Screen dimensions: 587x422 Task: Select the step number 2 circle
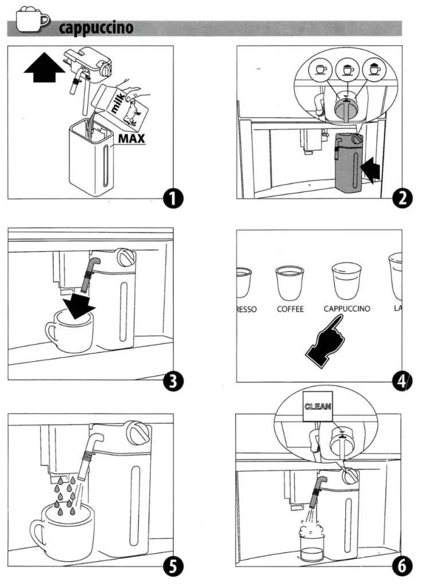click(x=400, y=198)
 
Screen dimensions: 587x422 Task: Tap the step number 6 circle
click(x=400, y=567)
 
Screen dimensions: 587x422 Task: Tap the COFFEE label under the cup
click(x=290, y=309)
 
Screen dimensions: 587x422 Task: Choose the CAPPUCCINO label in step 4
click(x=347, y=309)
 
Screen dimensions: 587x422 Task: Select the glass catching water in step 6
click(x=310, y=541)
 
